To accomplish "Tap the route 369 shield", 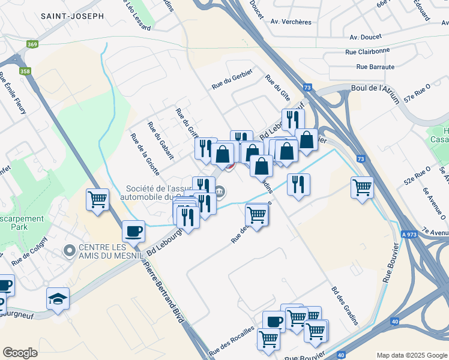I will (32, 44).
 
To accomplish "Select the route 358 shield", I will (25, 71).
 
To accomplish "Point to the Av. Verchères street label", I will (291, 22).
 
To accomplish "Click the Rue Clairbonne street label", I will (367, 52).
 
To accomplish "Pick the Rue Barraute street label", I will (375, 67).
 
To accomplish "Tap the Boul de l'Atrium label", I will (375, 88).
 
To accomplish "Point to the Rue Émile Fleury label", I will (12, 96).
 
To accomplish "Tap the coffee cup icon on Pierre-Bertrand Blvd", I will (133, 230).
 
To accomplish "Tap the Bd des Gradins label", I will (345, 306).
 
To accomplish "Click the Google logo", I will (20, 353).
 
